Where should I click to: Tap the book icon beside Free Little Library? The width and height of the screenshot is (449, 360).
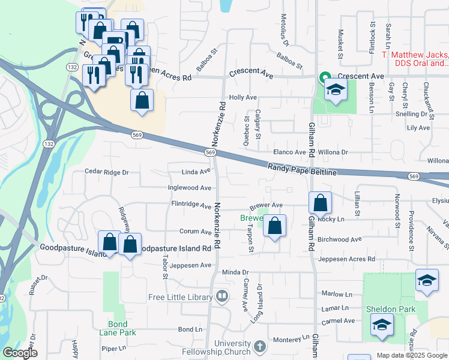coord(222,296)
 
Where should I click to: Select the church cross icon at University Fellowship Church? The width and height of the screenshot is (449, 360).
coord(259,346)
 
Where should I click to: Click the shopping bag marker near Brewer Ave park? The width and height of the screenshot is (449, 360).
coord(274,226)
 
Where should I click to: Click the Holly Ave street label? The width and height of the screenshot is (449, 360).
coord(243,97)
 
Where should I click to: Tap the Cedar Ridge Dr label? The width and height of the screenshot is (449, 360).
coord(107,172)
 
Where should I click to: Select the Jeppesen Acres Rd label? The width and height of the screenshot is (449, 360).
coord(346,259)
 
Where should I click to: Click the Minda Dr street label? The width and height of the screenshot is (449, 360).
coord(235,272)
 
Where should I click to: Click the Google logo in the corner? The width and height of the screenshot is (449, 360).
coord(20,353)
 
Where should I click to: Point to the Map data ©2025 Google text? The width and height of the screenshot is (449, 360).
coord(411,355)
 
